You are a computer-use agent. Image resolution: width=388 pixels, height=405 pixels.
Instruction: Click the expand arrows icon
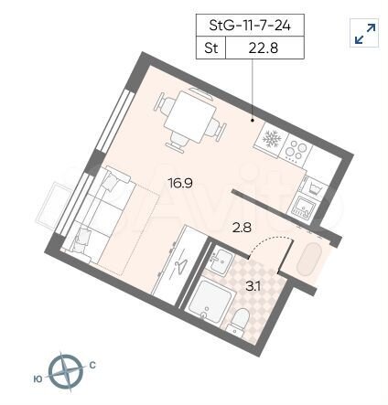click(364, 34)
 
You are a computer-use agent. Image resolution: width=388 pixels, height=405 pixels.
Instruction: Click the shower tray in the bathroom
click(211, 304)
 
